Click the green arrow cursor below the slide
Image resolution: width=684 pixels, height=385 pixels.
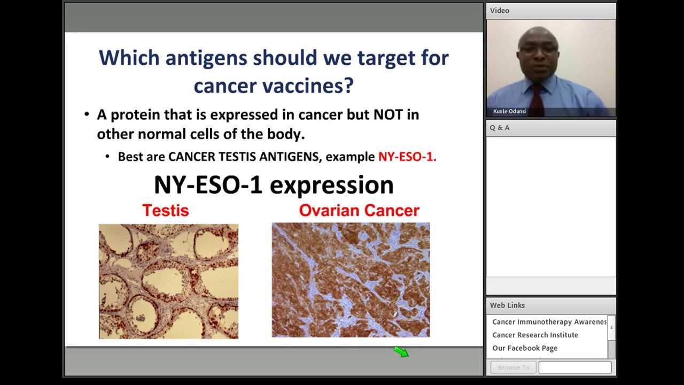click(401, 351)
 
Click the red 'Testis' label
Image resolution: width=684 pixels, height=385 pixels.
click(166, 211)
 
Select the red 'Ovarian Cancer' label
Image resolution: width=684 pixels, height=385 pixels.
click(359, 211)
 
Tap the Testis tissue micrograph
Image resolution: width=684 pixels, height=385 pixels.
click(168, 281)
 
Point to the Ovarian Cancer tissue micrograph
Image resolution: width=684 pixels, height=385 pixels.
click(351, 280)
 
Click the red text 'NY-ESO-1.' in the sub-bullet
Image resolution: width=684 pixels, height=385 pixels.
click(407, 157)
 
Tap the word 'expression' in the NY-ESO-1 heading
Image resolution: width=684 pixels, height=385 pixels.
click(331, 185)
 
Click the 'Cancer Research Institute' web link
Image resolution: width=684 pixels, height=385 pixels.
click(535, 335)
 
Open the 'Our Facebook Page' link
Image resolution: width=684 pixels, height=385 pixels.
click(524, 348)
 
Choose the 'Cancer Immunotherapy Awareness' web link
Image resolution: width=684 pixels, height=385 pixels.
click(549, 322)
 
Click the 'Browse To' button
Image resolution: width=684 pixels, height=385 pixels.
click(513, 367)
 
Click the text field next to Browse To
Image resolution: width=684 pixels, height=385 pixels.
click(575, 367)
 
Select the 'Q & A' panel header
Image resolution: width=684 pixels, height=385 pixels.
click(500, 128)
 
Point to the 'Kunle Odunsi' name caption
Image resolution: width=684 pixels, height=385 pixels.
click(509, 111)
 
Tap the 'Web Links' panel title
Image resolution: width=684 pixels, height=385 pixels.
click(507, 305)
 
